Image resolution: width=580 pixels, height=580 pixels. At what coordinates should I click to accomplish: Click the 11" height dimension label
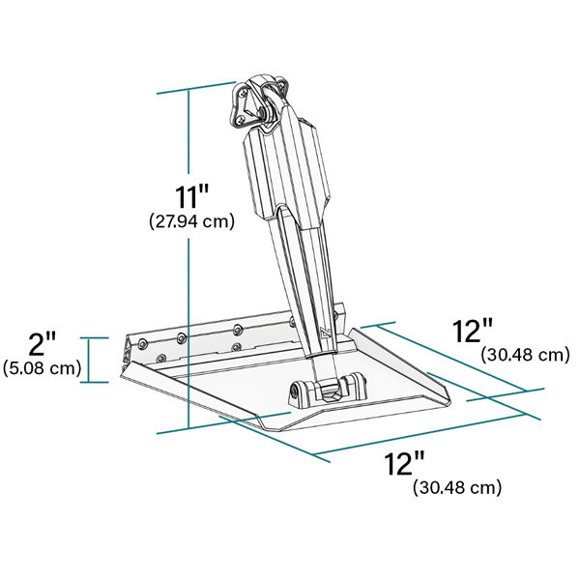pos(191,197)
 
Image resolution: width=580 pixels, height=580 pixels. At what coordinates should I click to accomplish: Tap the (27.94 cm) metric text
pos(191,221)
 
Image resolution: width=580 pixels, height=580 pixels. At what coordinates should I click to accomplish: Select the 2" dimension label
pos(43,344)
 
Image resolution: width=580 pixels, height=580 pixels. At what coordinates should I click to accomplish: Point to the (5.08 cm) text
pos(42,368)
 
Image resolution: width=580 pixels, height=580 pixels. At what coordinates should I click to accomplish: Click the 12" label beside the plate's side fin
pos(473,331)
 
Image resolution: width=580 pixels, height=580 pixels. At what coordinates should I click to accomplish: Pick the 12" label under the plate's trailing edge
pos(403,464)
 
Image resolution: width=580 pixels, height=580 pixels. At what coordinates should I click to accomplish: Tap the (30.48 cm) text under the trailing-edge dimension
pos(457,487)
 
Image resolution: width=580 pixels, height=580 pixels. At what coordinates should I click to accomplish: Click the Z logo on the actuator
pos(327,333)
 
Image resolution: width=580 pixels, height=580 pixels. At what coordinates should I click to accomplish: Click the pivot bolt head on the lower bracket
pos(294,392)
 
